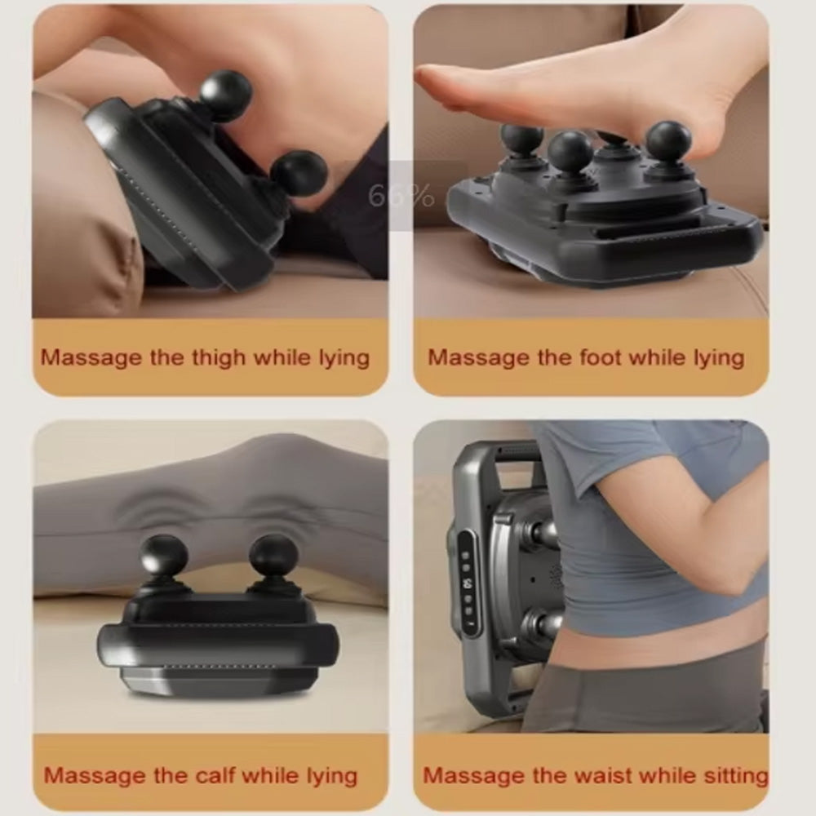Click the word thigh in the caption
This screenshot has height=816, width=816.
pos(219,358)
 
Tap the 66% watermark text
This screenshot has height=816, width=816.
pos(401,196)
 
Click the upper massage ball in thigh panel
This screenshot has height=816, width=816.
pos(225,94)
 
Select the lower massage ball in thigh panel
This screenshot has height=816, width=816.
pos(299,174)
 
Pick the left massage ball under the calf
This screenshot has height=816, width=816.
pos(163,556)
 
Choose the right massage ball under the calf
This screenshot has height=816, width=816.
pos(273,555)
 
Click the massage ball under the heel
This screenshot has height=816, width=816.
pos(668,141)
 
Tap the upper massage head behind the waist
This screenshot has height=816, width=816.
pos(543,532)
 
